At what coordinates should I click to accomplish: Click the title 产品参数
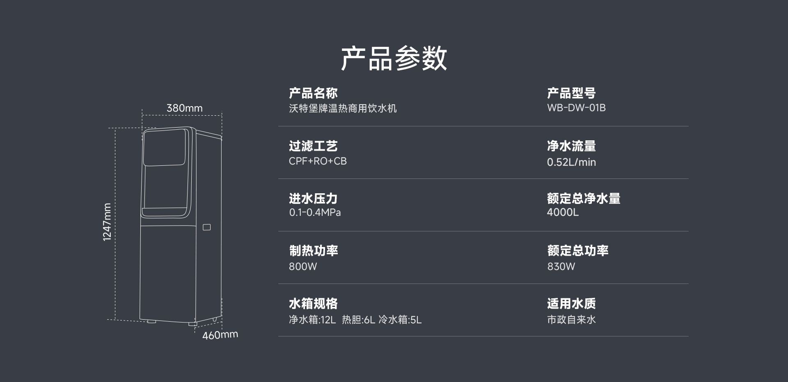click(394, 58)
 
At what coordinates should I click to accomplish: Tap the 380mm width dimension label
click(184, 108)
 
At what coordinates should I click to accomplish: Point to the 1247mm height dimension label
click(107, 222)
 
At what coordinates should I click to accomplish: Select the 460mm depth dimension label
click(220, 335)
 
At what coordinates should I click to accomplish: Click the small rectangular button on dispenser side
click(207, 227)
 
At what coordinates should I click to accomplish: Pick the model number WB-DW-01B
click(576, 108)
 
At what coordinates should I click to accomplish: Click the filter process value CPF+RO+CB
click(318, 161)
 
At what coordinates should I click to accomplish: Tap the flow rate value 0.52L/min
click(571, 162)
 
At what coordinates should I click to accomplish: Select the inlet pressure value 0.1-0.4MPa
click(315, 213)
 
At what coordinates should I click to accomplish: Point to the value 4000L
click(563, 212)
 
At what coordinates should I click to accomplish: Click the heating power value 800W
click(303, 266)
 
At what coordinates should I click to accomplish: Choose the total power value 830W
click(561, 266)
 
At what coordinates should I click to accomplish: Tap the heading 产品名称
click(313, 93)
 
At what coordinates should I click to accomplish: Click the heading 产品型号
click(571, 93)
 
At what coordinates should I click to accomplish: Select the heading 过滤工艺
click(313, 146)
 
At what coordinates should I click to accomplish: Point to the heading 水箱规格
click(313, 304)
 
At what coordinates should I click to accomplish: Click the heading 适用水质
click(571, 304)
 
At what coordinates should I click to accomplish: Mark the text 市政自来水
click(571, 320)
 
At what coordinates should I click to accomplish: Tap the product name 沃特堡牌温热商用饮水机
click(343, 108)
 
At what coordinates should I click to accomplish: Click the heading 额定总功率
click(578, 251)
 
